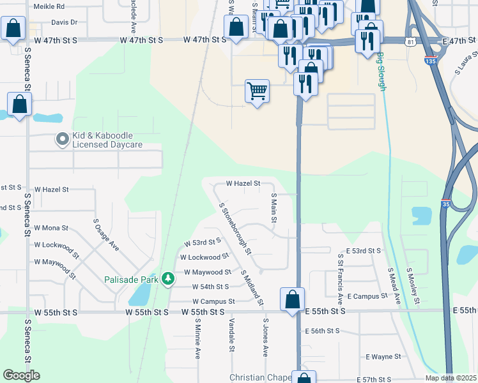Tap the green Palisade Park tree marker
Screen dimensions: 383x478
click(x=168, y=278)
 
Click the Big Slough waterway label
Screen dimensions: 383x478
click(x=382, y=70)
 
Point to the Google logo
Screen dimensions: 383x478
click(x=21, y=375)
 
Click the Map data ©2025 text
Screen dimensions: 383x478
click(x=451, y=378)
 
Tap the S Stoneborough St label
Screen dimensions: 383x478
click(x=235, y=230)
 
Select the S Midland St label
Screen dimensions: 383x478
click(x=252, y=287)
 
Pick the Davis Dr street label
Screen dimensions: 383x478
click(x=64, y=22)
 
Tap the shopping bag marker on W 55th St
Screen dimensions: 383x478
click(x=292, y=299)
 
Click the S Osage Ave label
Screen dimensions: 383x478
click(x=107, y=234)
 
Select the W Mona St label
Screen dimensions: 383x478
click(x=51, y=228)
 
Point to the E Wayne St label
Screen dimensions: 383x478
click(x=383, y=357)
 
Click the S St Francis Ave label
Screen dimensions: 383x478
click(x=341, y=278)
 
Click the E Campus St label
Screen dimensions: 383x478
click(x=366, y=296)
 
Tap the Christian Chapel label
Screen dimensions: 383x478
click(x=260, y=378)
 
